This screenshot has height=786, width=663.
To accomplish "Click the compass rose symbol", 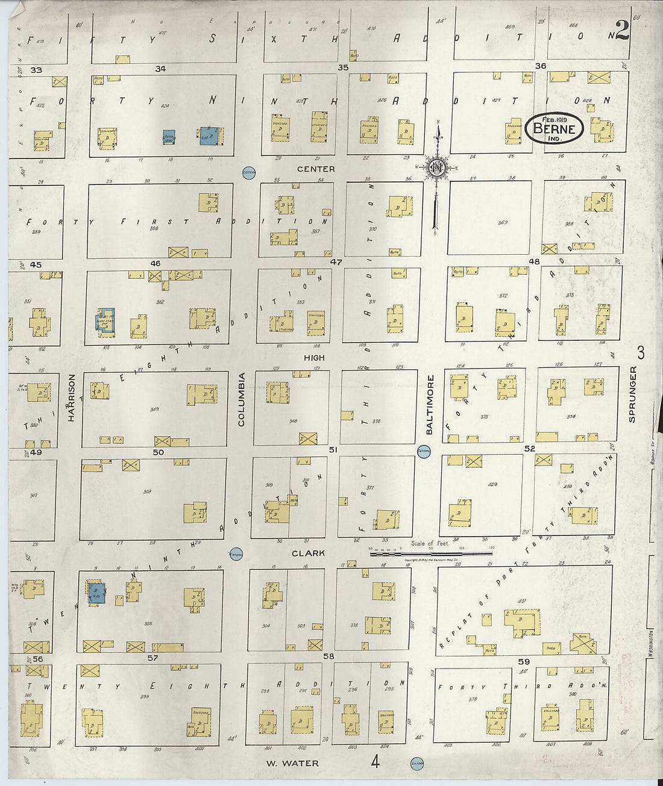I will pos(438,168).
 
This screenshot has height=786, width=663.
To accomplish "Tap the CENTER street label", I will pos(316,169).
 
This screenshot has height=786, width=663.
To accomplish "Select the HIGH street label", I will pos(314,358).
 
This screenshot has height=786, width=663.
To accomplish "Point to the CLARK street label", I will pos(308,553).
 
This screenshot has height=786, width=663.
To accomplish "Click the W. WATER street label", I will pos(292,763).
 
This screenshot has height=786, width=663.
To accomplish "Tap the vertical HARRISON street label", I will pos(71,398).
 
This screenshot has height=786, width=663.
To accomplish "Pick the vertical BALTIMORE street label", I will pos(430,405).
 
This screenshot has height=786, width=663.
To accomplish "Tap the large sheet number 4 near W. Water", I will pos(375,763).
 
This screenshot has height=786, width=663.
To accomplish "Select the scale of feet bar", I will pos(430,552).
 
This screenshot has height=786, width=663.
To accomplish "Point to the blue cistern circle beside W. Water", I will pos(416,763).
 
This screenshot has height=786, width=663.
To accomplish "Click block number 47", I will pos(336,263).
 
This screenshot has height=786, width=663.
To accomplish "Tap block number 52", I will pos(530,449).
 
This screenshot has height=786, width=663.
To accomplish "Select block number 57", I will pos(152,658).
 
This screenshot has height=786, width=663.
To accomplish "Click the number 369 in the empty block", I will pos(503,223).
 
